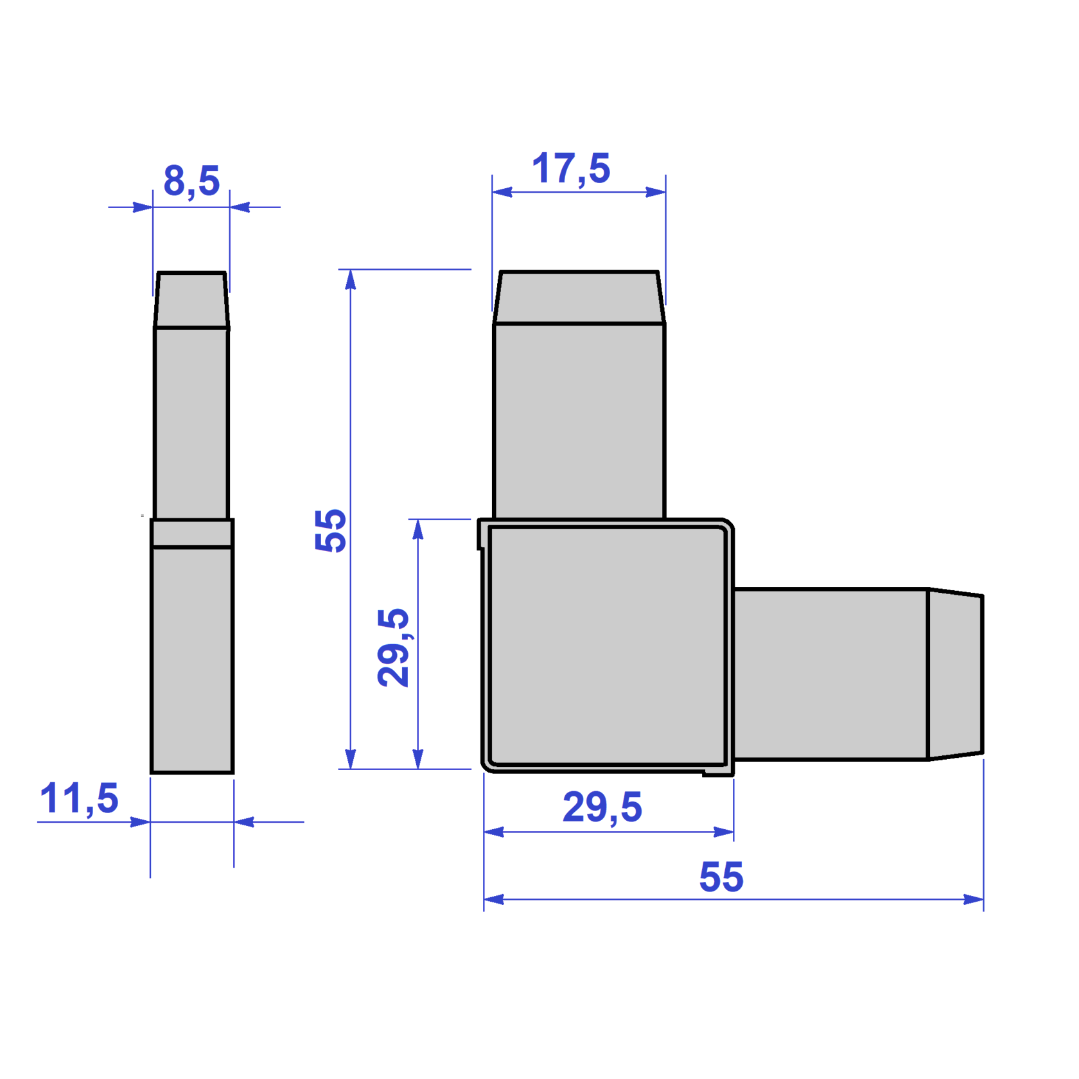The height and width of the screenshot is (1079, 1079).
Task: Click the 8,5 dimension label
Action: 191,181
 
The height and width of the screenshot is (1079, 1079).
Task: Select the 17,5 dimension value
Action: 571,169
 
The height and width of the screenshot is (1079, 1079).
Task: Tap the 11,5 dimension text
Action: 79,798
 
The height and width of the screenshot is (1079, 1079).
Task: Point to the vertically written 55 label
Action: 331,530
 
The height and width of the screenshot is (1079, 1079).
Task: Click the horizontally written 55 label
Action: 721,877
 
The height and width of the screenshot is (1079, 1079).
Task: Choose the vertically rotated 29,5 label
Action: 394,647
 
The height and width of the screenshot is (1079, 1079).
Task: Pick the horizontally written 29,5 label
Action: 602,807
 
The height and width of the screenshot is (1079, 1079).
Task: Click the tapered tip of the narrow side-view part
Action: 191,300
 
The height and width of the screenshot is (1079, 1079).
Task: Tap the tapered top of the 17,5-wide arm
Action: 579,297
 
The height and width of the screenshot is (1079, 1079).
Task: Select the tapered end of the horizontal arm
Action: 956,674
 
